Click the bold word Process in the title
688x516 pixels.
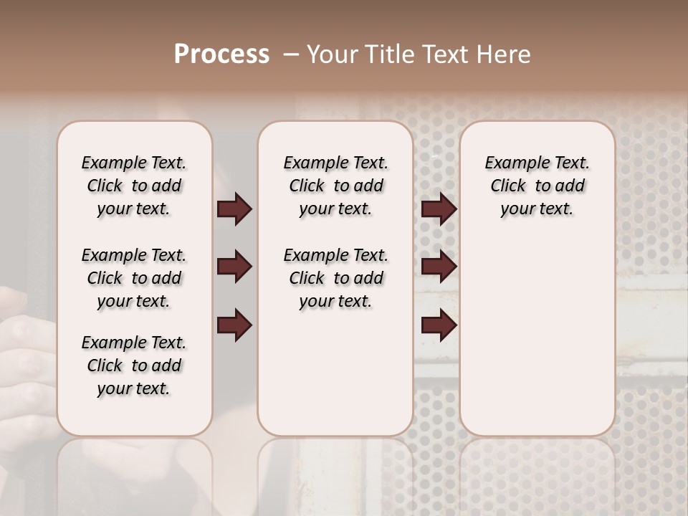[x=221, y=54]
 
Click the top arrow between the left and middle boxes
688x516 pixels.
[x=234, y=209]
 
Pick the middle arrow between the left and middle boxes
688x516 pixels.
[x=234, y=267]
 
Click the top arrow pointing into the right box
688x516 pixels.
[x=439, y=209]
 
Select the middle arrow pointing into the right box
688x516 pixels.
[x=439, y=267]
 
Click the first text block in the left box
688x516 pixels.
[x=134, y=186]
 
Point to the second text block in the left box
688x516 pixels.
[x=134, y=278]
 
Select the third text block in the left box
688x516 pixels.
[x=134, y=365]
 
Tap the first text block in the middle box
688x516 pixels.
[x=335, y=186]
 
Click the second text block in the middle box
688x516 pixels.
[x=335, y=278]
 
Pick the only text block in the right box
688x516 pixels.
[x=537, y=186]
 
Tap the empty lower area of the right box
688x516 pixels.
[x=537, y=337]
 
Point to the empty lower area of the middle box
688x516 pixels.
[x=335, y=373]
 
